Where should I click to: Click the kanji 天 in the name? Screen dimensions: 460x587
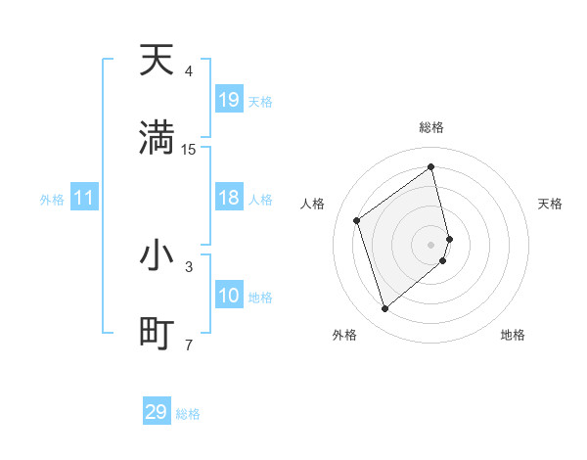pyautogui.click(x=157, y=62)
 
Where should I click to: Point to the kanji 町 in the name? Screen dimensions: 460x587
pyautogui.click(x=157, y=333)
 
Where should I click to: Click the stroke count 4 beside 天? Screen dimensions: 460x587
pyautogui.click(x=189, y=71)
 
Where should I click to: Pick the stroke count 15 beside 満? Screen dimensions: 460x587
pyautogui.click(x=189, y=149)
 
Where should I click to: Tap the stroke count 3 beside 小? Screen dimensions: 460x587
pyautogui.click(x=189, y=266)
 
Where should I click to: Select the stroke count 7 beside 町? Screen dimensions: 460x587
pyautogui.click(x=189, y=344)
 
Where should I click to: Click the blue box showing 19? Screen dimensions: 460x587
pyautogui.click(x=229, y=100)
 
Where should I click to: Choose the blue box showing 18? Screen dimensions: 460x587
pyautogui.click(x=229, y=198)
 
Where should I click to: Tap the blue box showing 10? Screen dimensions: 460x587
pyautogui.click(x=229, y=296)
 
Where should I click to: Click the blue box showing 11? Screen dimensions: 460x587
pyautogui.click(x=84, y=198)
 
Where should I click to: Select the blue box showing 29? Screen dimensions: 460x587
pyautogui.click(x=157, y=412)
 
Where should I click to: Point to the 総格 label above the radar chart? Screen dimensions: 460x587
pyautogui.click(x=431, y=127)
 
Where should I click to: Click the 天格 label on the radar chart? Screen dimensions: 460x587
pyautogui.click(x=551, y=204)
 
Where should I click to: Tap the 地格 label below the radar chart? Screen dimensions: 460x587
pyautogui.click(x=513, y=335)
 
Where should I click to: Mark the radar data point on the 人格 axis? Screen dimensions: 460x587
pyautogui.click(x=357, y=220)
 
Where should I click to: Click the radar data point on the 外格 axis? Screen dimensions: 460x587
pyautogui.click(x=384, y=309)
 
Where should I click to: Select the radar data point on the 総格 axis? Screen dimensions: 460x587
pyautogui.click(x=431, y=167)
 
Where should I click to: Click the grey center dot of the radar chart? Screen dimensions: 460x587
pyautogui.click(x=431, y=243)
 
